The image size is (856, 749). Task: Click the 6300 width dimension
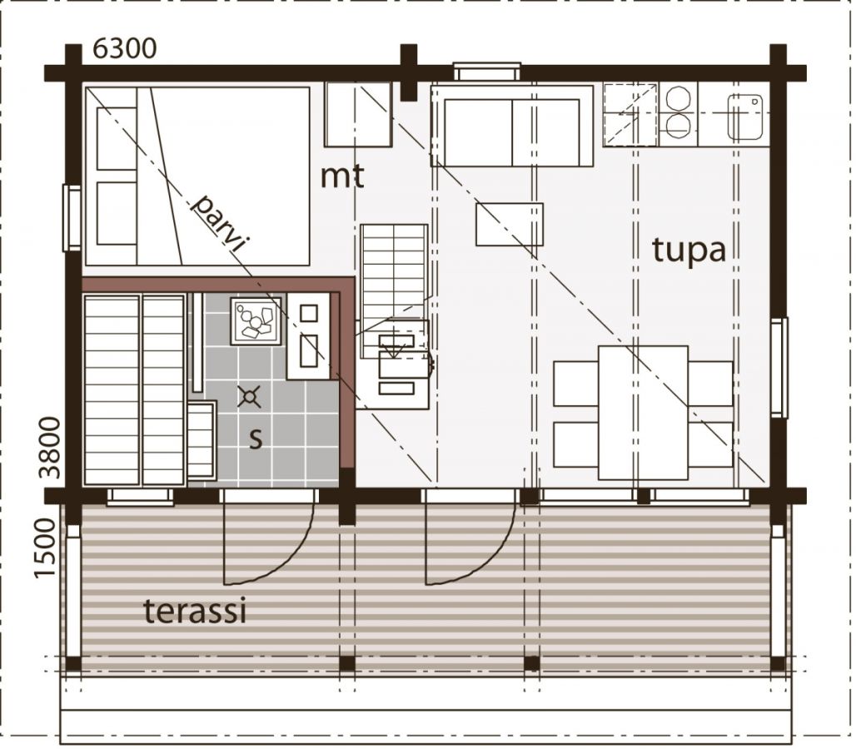pos(125,49)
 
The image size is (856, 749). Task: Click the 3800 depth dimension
pos(52,448)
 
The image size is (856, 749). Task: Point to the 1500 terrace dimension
pos(45,548)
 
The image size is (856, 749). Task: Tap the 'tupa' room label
pos(689,250)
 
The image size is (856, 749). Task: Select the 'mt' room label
pos(341,176)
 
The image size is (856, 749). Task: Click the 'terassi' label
pos(195,611)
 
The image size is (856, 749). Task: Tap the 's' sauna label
pos(256,438)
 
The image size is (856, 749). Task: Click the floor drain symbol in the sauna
pos(250,397)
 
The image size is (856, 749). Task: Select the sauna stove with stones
pos(256,321)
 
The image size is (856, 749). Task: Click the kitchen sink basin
pos(745,117)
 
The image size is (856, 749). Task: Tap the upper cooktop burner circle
pos(679,97)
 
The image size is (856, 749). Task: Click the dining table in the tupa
pos(643,413)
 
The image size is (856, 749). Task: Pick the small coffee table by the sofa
pos(510,224)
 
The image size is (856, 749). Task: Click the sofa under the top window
pos(511,126)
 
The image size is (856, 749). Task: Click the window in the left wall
pos(72,218)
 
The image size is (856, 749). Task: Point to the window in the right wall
pos(779,367)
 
